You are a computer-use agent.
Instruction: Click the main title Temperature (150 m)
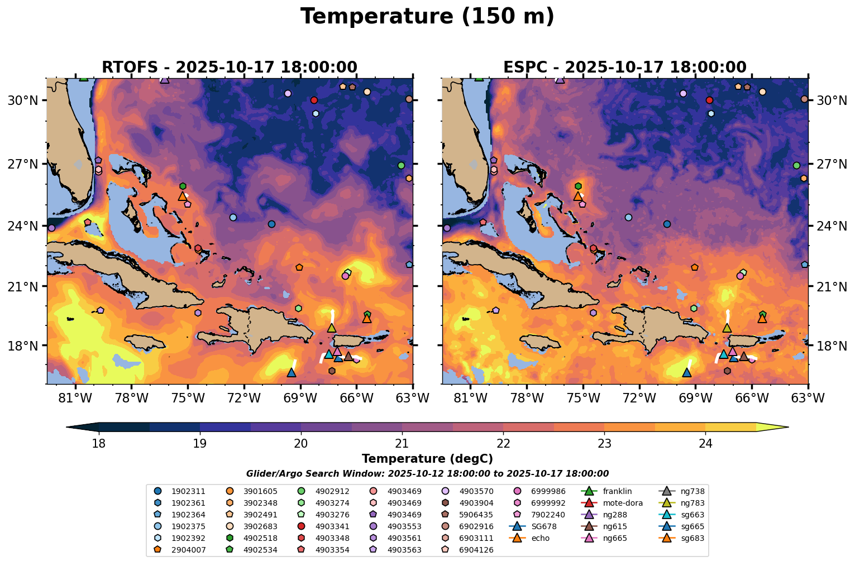427,17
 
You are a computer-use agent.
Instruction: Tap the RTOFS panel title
229,68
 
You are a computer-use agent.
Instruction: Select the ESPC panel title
624,68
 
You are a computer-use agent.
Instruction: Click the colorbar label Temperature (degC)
427,459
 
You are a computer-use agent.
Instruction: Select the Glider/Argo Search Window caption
427,474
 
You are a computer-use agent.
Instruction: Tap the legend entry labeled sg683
692,538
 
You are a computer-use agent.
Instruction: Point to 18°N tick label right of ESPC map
830,346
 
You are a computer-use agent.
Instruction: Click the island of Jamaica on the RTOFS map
145,342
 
